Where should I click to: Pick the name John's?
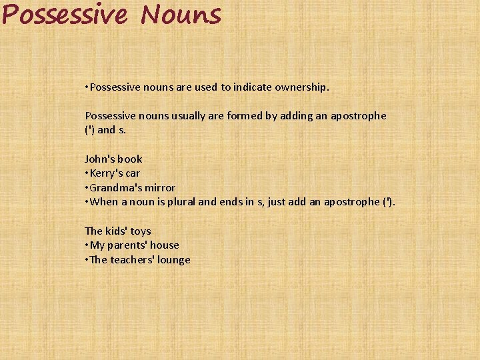(99, 159)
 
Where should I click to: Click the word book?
(129, 159)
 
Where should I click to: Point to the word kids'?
(117, 231)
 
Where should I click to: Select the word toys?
(141, 231)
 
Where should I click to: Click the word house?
(165, 245)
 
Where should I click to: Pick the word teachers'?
(131, 260)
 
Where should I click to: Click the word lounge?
(173, 260)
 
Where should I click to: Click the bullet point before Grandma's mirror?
(87, 188)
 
